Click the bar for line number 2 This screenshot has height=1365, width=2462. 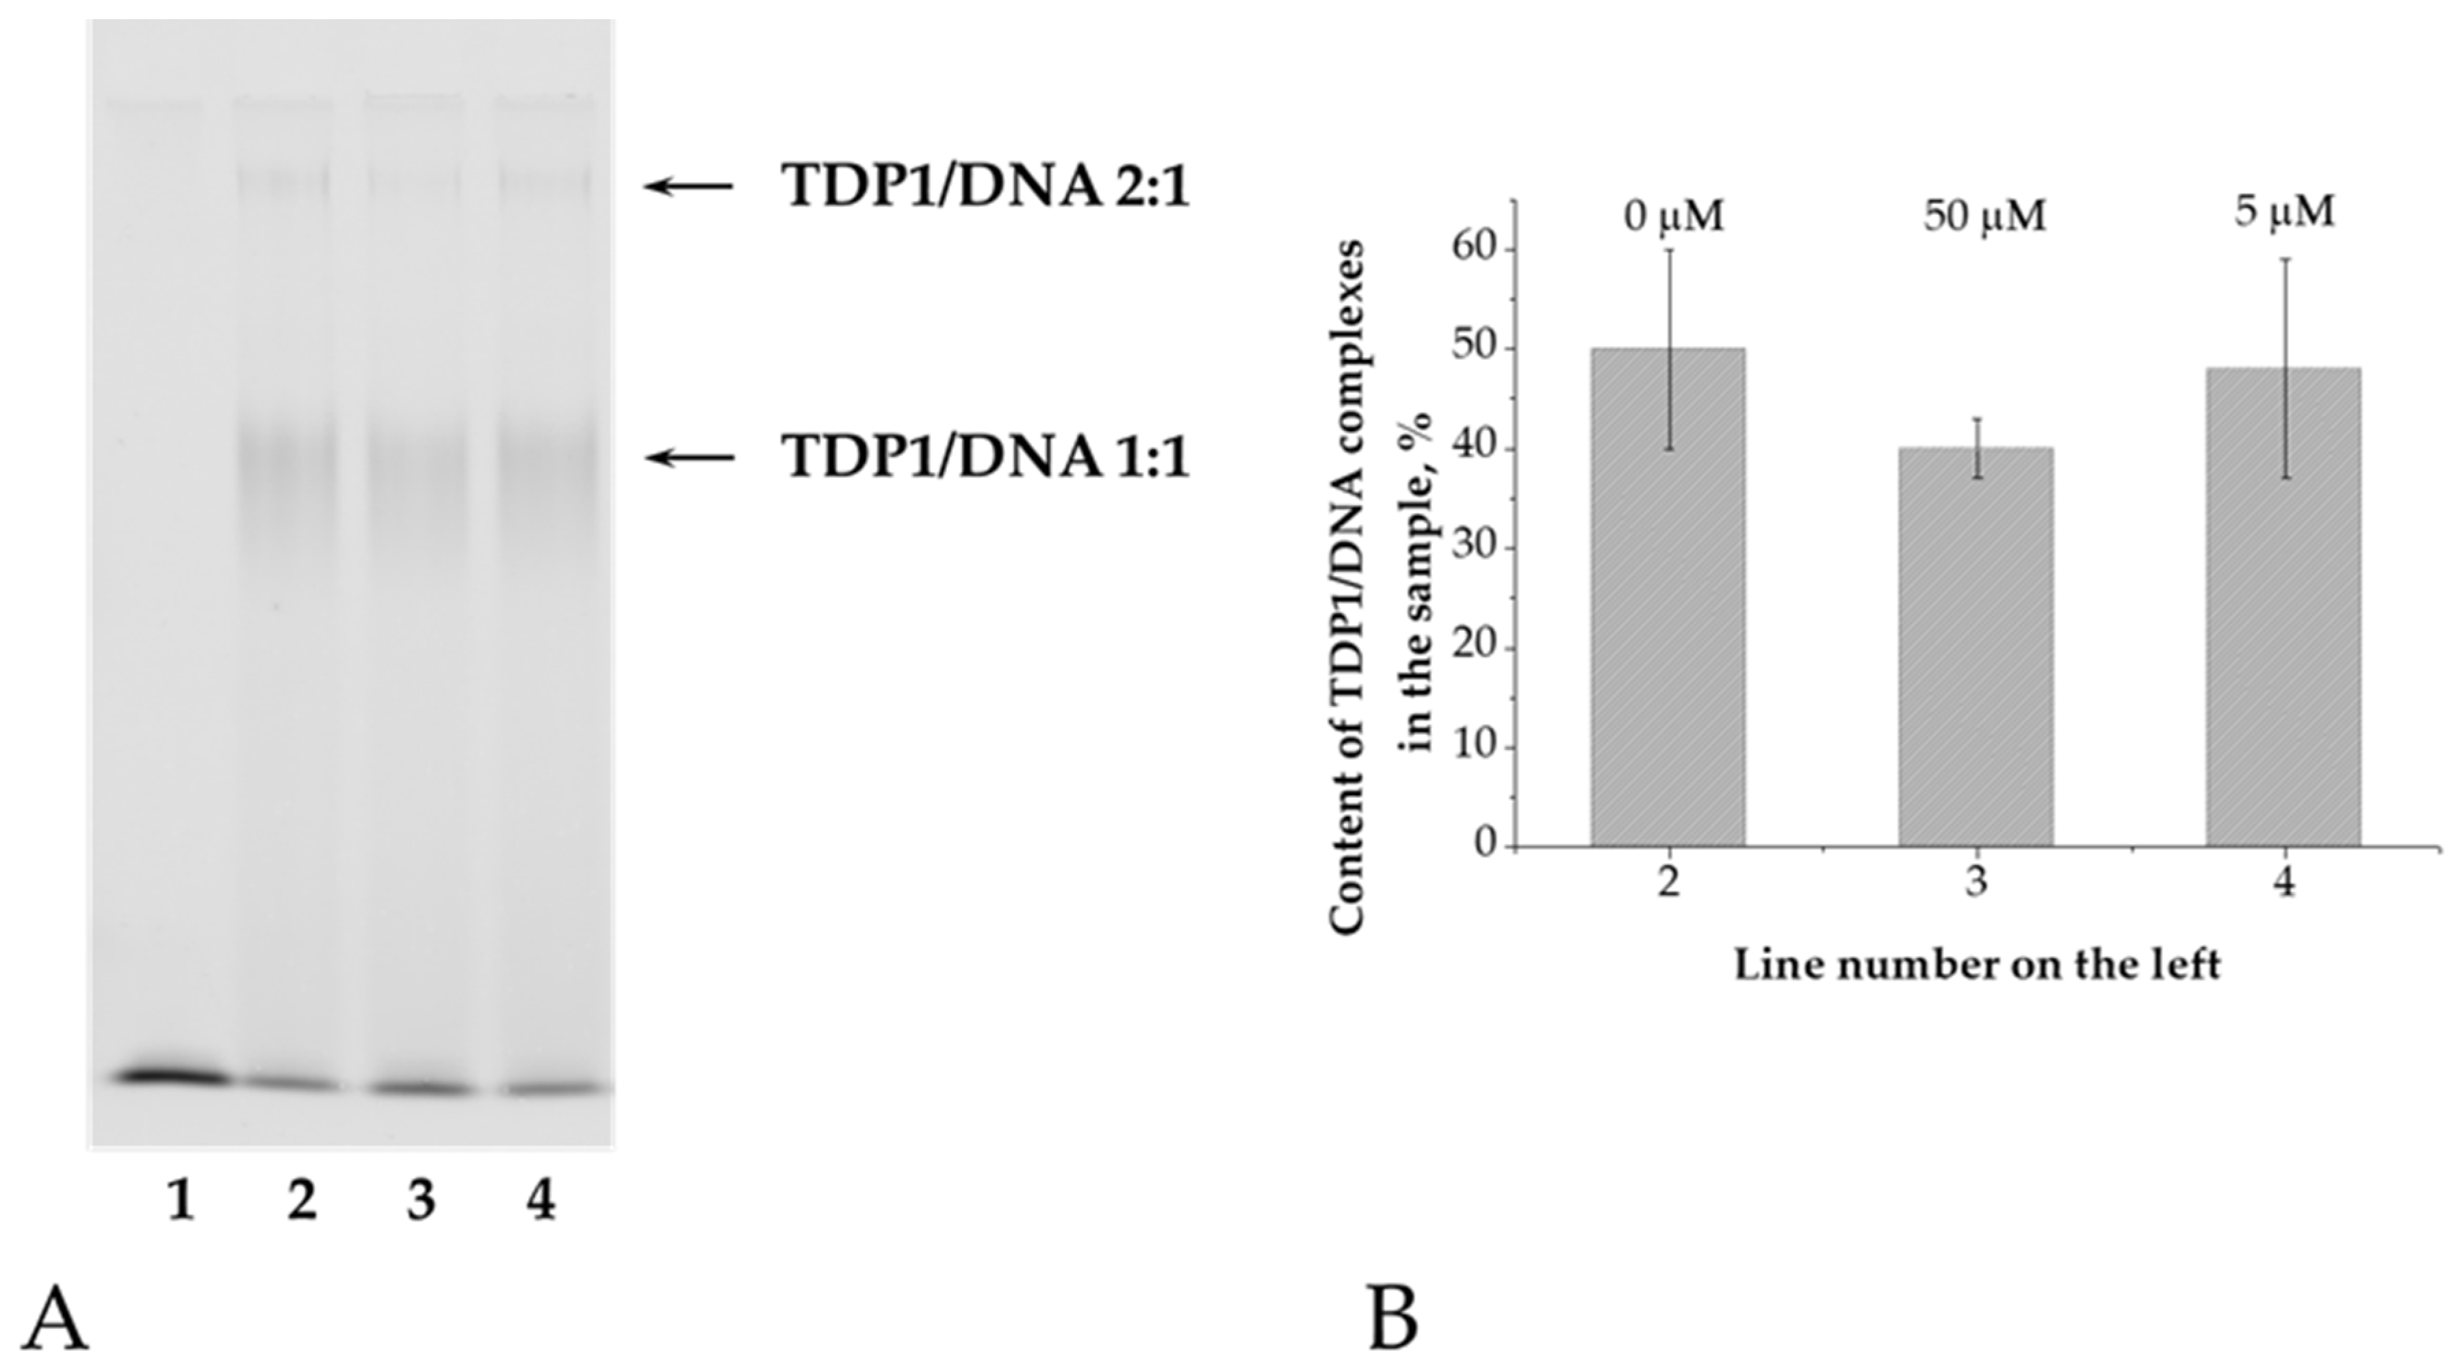pyautogui.click(x=1668, y=597)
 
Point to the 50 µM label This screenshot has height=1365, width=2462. pyautogui.click(x=1984, y=217)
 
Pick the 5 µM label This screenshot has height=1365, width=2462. pyautogui.click(x=2284, y=211)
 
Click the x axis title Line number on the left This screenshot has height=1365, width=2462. pyautogui.click(x=1976, y=965)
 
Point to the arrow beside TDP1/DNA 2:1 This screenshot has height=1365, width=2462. pyautogui.click(x=689, y=185)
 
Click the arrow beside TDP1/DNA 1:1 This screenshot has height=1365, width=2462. pyautogui.click(x=689, y=457)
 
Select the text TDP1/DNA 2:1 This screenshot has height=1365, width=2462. pyautogui.click(x=985, y=185)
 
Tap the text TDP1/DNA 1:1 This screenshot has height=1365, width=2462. pyautogui.click(x=985, y=457)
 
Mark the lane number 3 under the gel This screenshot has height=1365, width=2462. pyautogui.click(x=421, y=1201)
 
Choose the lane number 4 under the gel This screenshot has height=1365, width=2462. pyautogui.click(x=541, y=1201)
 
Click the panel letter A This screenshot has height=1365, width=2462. pyautogui.click(x=55, y=1319)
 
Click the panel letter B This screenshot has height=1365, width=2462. pyautogui.click(x=1393, y=1319)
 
